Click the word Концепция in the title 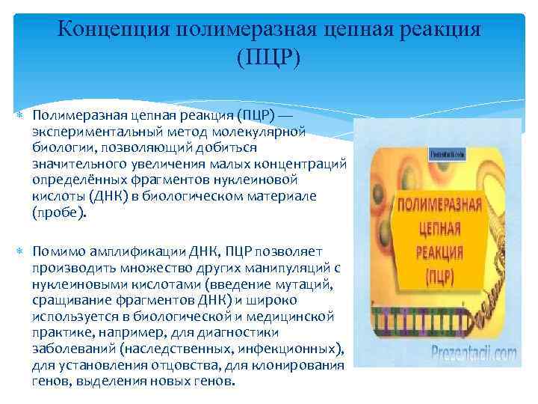[112, 31]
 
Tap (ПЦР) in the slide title [268, 58]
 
